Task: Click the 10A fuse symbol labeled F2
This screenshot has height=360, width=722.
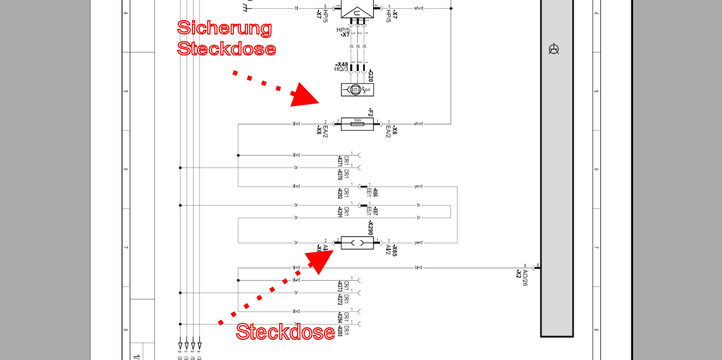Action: (x=357, y=124)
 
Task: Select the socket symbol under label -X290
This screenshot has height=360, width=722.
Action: (x=357, y=243)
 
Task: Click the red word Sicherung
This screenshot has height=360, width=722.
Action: (x=225, y=28)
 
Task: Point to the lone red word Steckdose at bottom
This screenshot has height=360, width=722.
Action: (x=285, y=332)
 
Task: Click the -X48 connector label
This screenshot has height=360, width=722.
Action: (x=342, y=64)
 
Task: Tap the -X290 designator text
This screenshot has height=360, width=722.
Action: (x=370, y=229)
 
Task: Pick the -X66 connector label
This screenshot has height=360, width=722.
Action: (x=375, y=192)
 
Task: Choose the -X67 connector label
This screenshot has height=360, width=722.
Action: (x=375, y=211)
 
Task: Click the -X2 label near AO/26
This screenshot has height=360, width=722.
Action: (x=519, y=274)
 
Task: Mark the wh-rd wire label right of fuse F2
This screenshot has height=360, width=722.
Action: (x=418, y=124)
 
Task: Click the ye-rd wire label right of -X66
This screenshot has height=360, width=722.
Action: (x=418, y=186)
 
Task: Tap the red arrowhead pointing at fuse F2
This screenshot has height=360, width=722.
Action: (x=305, y=94)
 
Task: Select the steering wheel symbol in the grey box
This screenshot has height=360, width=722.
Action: (x=554, y=50)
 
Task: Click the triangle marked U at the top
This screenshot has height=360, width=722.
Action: (x=357, y=12)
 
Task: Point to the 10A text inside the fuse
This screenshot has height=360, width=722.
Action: (x=357, y=120)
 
